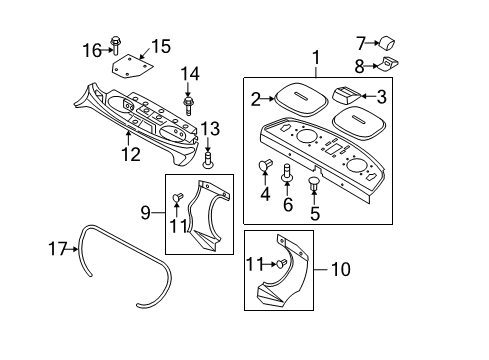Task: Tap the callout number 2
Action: click(255, 98)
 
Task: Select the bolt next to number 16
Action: click(117, 43)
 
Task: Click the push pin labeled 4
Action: click(266, 166)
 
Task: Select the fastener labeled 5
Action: click(315, 185)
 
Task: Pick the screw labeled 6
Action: click(288, 173)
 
